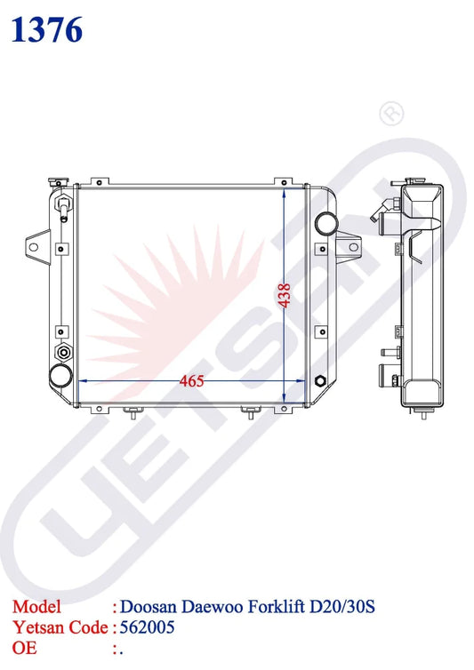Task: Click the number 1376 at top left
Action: click(46, 30)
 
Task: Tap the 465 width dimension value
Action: click(192, 381)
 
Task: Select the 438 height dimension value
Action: click(285, 295)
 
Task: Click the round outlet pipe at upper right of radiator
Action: click(327, 222)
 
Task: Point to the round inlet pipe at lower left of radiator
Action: click(61, 376)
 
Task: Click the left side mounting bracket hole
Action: click(34, 247)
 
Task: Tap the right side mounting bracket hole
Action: click(353, 247)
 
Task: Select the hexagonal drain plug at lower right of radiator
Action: click(320, 380)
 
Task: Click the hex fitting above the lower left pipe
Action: click(64, 353)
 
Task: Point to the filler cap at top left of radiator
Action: click(55, 181)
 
